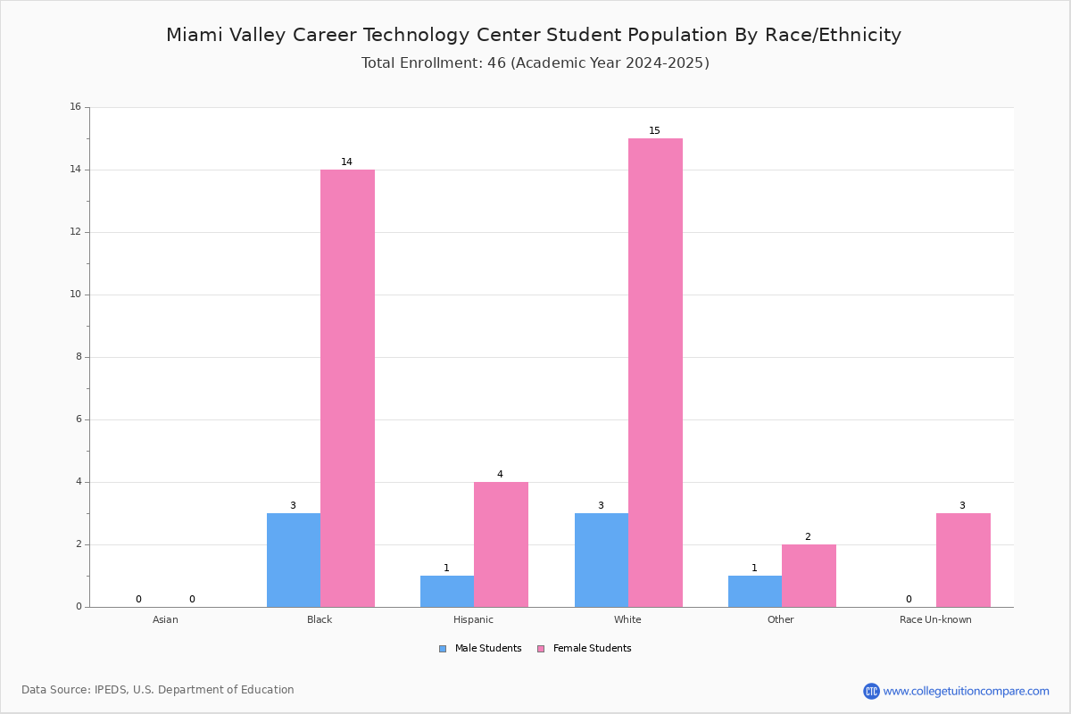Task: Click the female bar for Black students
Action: (x=347, y=388)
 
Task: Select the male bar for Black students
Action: (x=294, y=560)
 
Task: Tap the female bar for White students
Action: (x=655, y=372)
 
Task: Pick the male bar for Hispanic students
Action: (x=447, y=592)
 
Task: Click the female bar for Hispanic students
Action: (x=501, y=544)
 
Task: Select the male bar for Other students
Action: (x=755, y=592)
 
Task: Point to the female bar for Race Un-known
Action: (x=963, y=560)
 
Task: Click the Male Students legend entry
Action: (x=480, y=649)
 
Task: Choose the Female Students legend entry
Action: (x=585, y=649)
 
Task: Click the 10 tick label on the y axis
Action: (x=76, y=295)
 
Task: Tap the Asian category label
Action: (x=165, y=619)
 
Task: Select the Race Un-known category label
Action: (x=935, y=619)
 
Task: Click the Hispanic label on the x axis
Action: (x=473, y=619)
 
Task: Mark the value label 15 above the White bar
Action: (x=654, y=130)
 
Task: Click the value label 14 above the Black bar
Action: (x=346, y=162)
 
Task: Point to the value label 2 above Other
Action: (x=808, y=536)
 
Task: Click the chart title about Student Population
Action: (x=534, y=35)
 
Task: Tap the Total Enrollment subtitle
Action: (x=535, y=63)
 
